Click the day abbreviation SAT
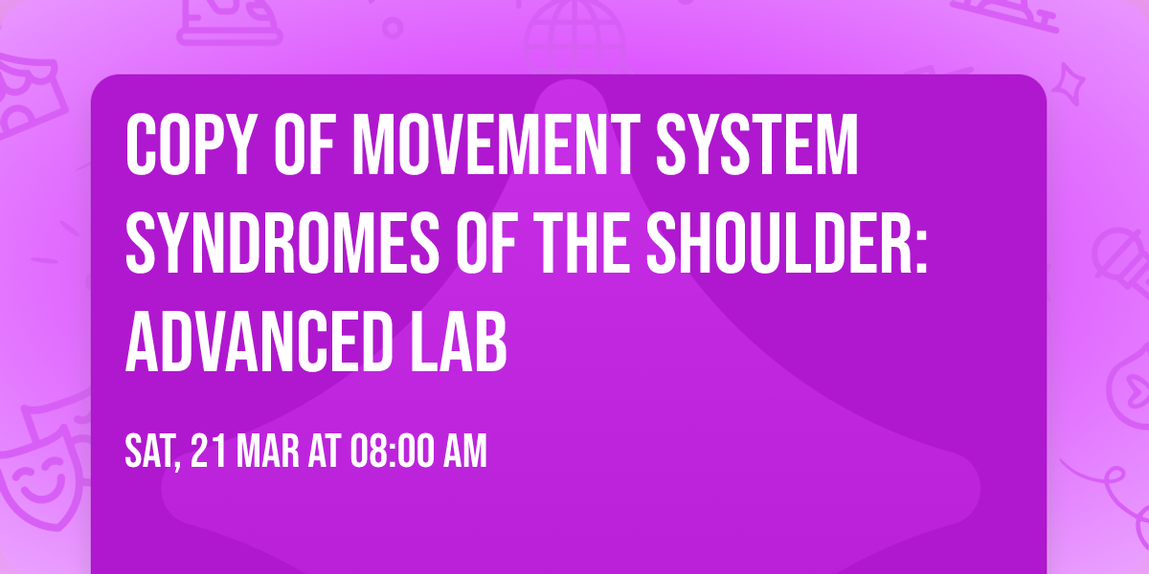[152, 452]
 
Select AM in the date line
[464, 452]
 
